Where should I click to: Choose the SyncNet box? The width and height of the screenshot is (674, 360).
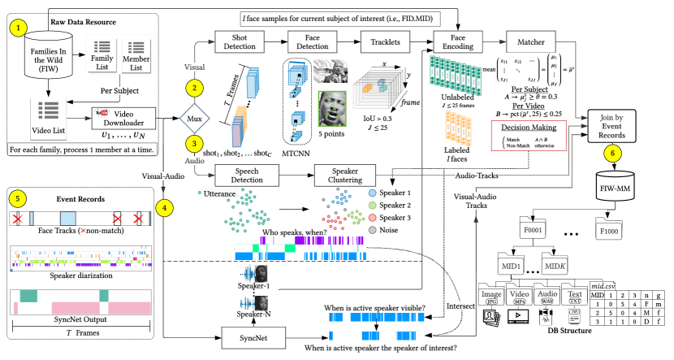pos(246,334)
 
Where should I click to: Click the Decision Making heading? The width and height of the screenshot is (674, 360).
pos(529,128)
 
